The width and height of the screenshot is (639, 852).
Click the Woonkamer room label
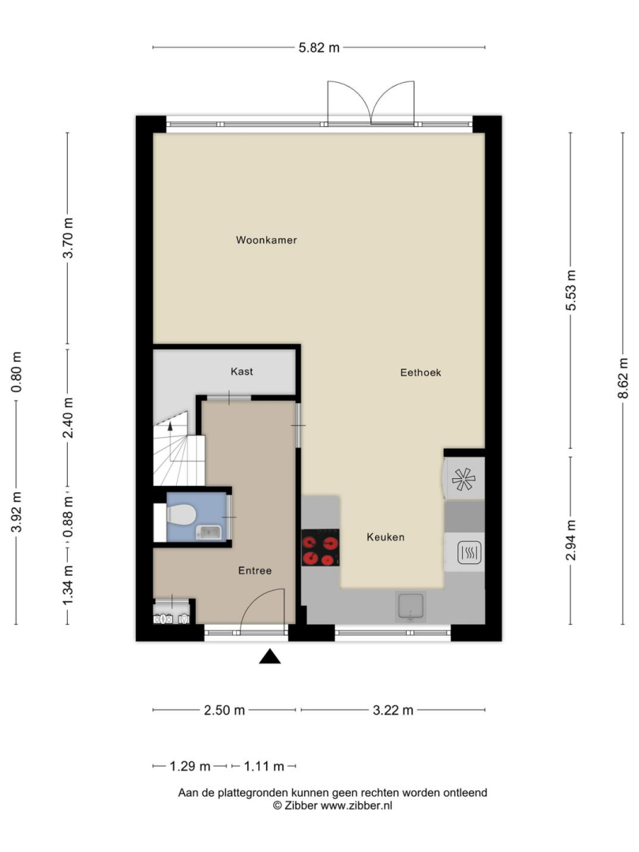click(266, 240)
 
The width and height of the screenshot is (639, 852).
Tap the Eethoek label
click(420, 372)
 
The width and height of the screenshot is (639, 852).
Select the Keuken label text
click(385, 537)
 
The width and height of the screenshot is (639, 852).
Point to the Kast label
click(242, 372)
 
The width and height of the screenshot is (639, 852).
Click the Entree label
click(255, 570)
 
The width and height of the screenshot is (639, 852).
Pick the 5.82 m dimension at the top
click(319, 48)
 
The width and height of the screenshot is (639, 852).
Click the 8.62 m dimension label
click(623, 378)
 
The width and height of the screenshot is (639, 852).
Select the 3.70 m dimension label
click(68, 238)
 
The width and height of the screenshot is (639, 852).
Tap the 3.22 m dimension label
click(393, 710)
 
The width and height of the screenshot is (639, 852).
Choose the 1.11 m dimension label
click(264, 767)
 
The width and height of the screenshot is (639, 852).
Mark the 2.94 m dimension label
click(570, 540)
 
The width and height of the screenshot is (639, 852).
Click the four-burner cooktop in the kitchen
click(321, 547)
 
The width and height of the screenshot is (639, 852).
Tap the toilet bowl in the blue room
click(181, 514)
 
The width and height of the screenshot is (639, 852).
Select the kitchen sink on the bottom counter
click(411, 607)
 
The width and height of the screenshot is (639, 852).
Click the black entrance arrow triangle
click(270, 657)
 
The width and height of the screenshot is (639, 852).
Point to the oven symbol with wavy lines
click(468, 553)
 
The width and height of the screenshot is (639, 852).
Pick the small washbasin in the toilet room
click(209, 532)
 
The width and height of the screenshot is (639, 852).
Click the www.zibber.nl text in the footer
click(356, 805)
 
